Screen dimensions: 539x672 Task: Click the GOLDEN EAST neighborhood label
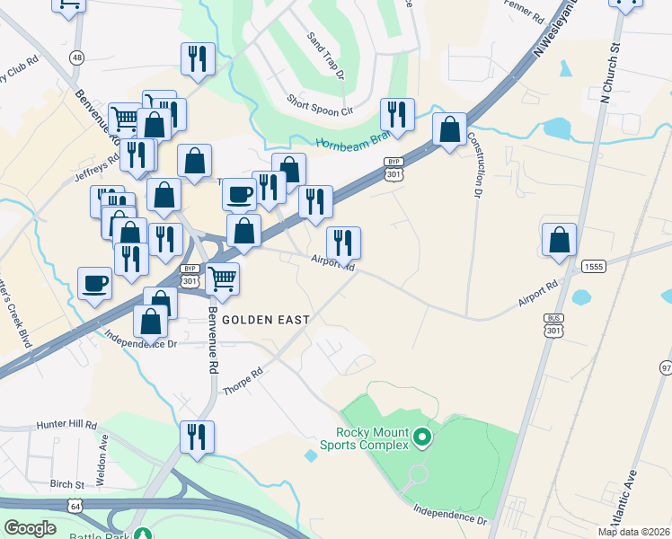coord(265,320)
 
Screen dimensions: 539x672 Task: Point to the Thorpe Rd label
coord(244,383)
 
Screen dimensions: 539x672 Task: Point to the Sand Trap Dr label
coord(325,55)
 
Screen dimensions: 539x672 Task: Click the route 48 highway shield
coord(77,57)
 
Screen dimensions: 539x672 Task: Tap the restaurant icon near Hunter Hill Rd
coord(197,437)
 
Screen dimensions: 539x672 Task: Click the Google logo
coord(30,527)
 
